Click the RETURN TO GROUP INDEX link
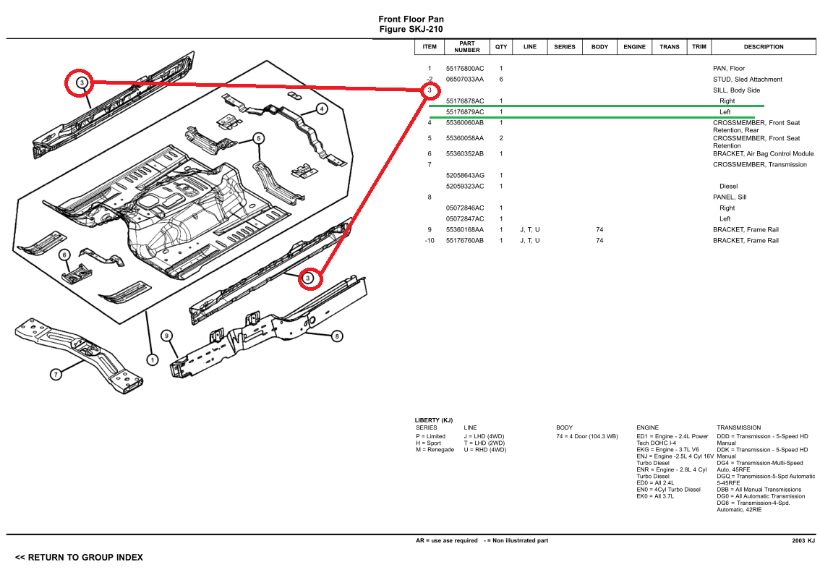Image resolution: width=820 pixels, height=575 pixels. coord(79,558)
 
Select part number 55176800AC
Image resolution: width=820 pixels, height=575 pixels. coord(465,69)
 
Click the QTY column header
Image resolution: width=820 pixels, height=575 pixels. coord(501,47)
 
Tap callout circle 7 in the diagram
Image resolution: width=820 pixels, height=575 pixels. coord(56,374)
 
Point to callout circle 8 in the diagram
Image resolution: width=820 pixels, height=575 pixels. coord(337,336)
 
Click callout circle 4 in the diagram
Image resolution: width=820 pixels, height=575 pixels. coord(322,109)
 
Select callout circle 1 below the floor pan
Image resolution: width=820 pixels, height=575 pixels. coord(152,359)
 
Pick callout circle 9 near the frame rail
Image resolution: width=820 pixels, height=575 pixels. coord(166,336)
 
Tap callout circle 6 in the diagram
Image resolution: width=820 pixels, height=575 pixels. coord(64,255)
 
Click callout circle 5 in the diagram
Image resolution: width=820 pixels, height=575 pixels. coord(258,138)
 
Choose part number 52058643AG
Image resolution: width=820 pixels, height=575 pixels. coord(465,176)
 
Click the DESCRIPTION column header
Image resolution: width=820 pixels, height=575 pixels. coord(764,47)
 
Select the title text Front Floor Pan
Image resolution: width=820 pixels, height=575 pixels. coord(411,20)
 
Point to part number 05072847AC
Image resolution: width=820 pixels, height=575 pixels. coord(465,219)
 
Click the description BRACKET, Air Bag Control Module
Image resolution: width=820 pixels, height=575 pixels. coord(763,154)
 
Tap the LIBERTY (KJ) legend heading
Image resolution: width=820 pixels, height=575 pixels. coord(433,420)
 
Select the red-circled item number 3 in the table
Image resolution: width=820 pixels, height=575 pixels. coord(430,90)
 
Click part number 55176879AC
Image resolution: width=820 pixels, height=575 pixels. coord(465,112)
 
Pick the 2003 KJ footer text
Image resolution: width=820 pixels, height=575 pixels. coord(803,541)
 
